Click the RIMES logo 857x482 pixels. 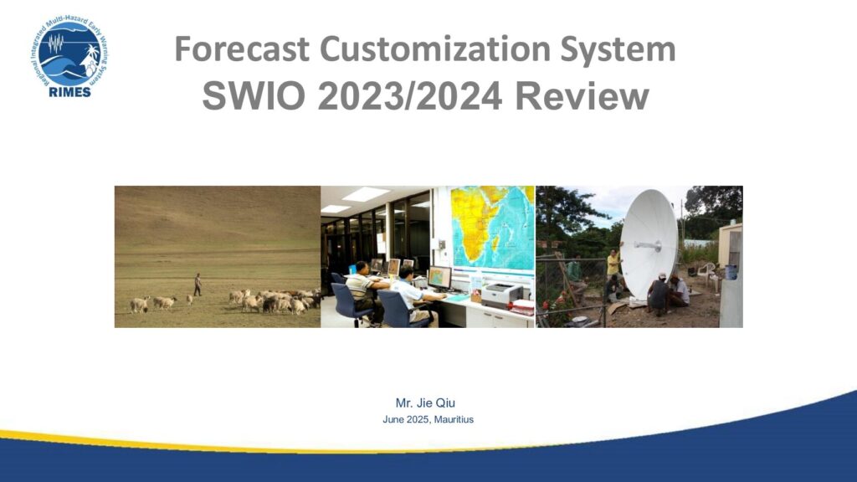pos(69,56)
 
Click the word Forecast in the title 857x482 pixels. pos(242,49)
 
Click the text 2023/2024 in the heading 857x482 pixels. pos(409,96)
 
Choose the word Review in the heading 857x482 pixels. pos(582,96)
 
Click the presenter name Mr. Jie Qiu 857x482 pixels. pos(425,403)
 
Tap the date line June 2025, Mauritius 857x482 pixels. pos(428,420)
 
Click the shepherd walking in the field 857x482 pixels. pos(198,285)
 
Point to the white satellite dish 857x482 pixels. pos(649,244)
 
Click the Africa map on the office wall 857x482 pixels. pos(492,228)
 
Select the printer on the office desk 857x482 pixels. pos(501,295)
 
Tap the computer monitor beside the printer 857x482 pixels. pos(440,277)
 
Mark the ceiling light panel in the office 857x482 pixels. pos(365,193)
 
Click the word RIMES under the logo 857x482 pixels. pos(69,92)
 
